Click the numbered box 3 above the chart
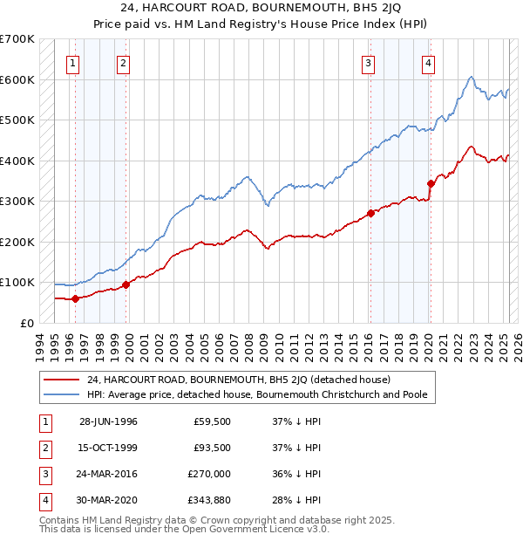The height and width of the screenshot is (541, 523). pyautogui.click(x=369, y=62)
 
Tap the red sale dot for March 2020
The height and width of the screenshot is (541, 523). pyautogui.click(x=430, y=183)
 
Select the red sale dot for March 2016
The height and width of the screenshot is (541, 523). pyautogui.click(x=370, y=213)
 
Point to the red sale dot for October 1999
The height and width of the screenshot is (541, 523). pyautogui.click(x=126, y=284)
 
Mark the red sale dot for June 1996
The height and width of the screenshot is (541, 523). pyautogui.click(x=75, y=298)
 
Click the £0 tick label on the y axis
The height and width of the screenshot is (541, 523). pyautogui.click(x=28, y=323)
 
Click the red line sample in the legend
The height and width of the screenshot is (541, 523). pyautogui.click(x=62, y=380)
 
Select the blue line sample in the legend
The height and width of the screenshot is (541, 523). pyautogui.click(x=62, y=394)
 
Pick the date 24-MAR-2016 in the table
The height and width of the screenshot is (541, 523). pyautogui.click(x=108, y=474)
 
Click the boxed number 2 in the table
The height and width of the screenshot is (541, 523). pyautogui.click(x=44, y=448)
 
